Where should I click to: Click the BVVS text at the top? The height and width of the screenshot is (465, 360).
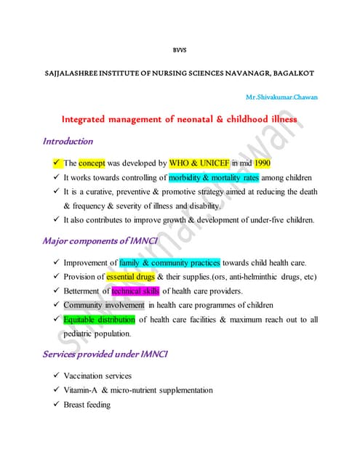[179, 51]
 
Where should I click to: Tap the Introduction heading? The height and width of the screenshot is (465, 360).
[68, 141]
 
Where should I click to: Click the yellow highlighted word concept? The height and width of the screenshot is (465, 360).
[92, 163]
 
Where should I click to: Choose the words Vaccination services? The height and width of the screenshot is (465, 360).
[98, 376]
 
